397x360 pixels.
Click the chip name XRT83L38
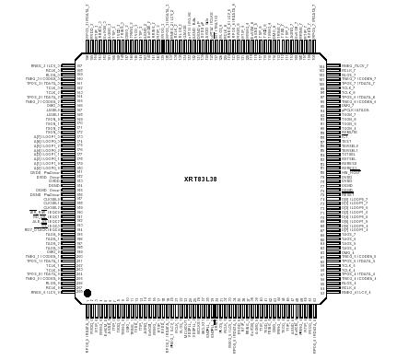[x=201, y=179]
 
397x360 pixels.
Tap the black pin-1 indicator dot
[x=88, y=293]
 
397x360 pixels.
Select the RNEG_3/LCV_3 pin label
[x=44, y=66]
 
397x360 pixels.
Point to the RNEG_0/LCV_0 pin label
[x=44, y=293]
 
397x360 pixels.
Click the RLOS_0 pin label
[x=52, y=284]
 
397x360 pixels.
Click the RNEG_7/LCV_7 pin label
[x=355, y=66]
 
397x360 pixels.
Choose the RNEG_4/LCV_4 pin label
[x=355, y=293]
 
